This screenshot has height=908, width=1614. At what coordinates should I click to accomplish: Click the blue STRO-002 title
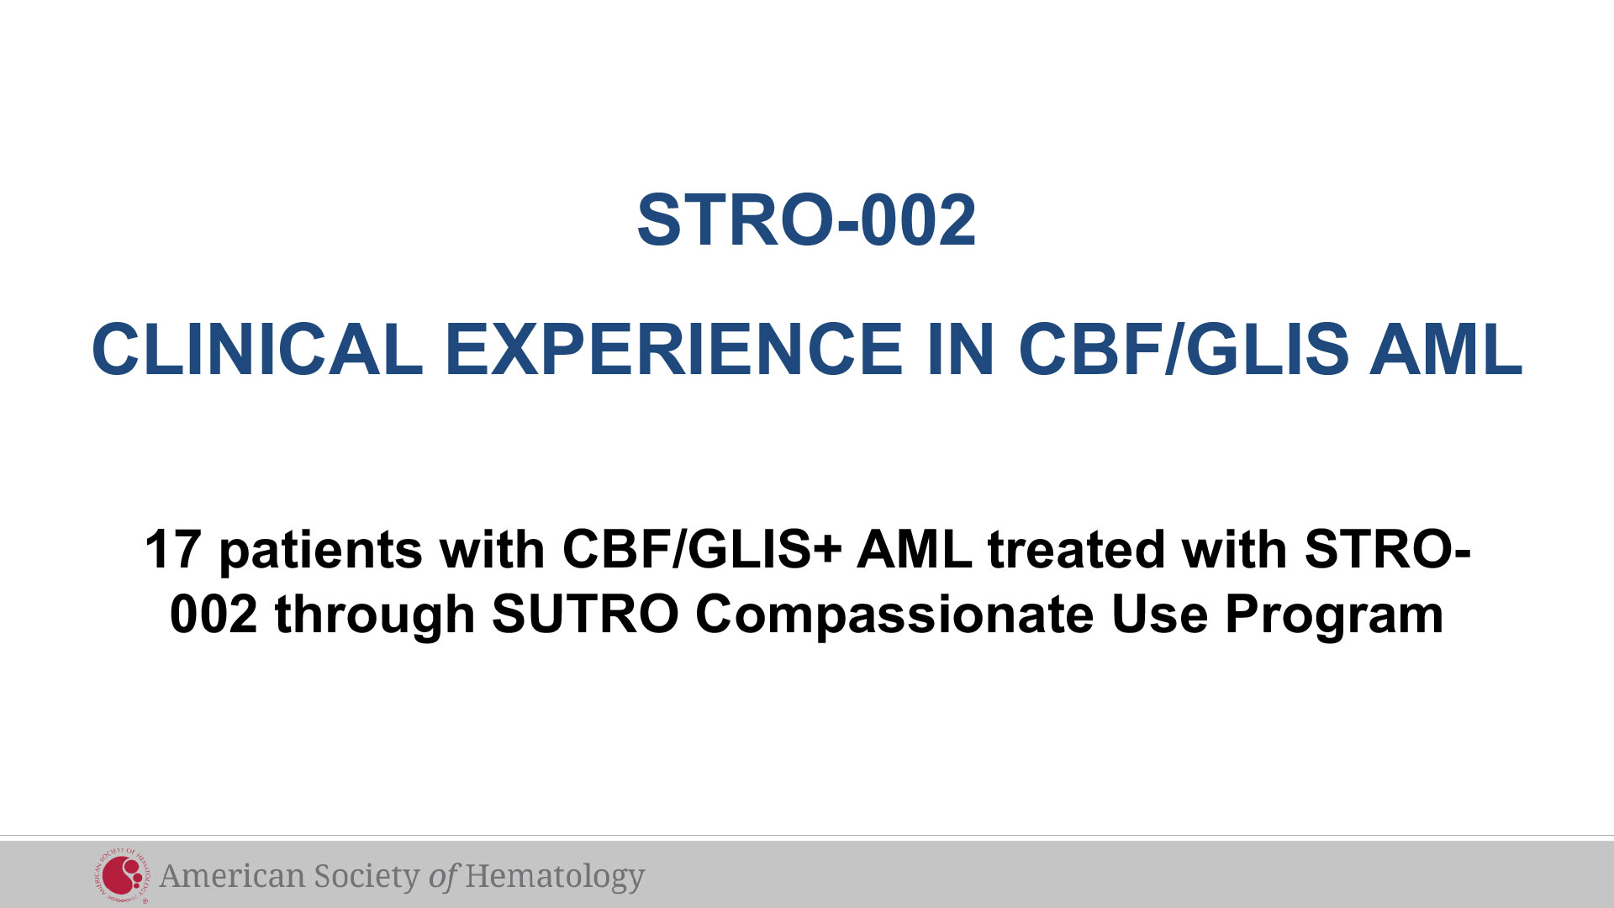point(807,220)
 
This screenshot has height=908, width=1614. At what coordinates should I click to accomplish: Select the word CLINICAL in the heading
point(257,349)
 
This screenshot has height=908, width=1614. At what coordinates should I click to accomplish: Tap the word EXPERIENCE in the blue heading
point(673,349)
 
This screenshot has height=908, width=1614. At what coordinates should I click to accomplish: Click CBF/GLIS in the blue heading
point(1184,349)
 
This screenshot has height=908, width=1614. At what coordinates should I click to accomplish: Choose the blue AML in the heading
point(1446,349)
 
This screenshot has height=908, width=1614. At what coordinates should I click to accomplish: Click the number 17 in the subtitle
point(172,550)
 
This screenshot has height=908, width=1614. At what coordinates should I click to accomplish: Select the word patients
point(320,552)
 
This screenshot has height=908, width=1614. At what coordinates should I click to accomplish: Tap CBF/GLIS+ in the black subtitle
point(702,550)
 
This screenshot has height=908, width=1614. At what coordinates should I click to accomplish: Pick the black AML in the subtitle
point(915,550)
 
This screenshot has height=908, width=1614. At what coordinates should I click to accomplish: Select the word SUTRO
point(585,615)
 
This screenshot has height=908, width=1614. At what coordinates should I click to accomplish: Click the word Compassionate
point(894,616)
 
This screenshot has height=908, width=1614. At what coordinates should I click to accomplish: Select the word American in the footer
point(232,876)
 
